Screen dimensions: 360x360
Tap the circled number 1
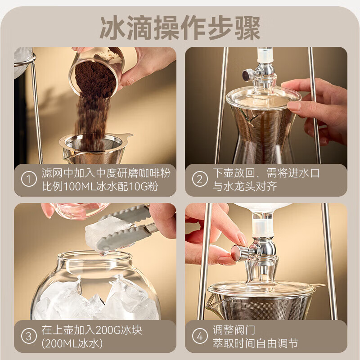pos(29,180)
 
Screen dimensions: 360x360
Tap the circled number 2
pos(200,180)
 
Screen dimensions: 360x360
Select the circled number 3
pos(29,336)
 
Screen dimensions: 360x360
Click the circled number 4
pos(200,336)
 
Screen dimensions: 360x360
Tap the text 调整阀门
pos(231,330)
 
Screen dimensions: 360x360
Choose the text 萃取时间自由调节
pos(255,344)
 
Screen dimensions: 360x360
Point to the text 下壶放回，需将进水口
pos(265,173)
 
